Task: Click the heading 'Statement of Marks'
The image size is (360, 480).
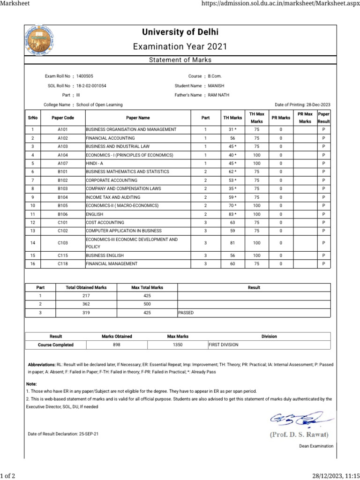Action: point(180,60)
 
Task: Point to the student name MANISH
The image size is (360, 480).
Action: point(216,86)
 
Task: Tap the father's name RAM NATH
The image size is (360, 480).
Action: point(219,95)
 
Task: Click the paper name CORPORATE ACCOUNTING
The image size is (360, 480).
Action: point(112,180)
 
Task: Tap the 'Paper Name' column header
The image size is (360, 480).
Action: point(138,118)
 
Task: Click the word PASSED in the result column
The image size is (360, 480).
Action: point(186,313)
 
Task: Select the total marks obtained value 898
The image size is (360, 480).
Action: point(117,345)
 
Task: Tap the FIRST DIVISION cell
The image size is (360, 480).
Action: point(224,345)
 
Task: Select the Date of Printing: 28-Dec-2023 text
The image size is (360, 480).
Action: point(302,105)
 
